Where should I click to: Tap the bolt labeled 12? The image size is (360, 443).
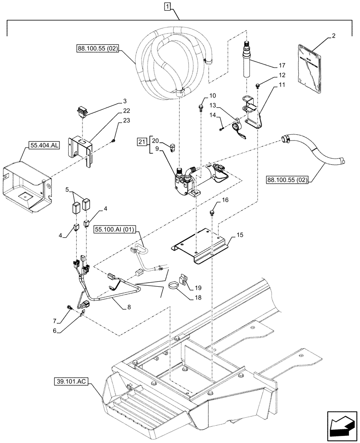(258, 85)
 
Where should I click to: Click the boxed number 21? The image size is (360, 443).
(141, 141)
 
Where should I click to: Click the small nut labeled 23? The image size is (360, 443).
(113, 141)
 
